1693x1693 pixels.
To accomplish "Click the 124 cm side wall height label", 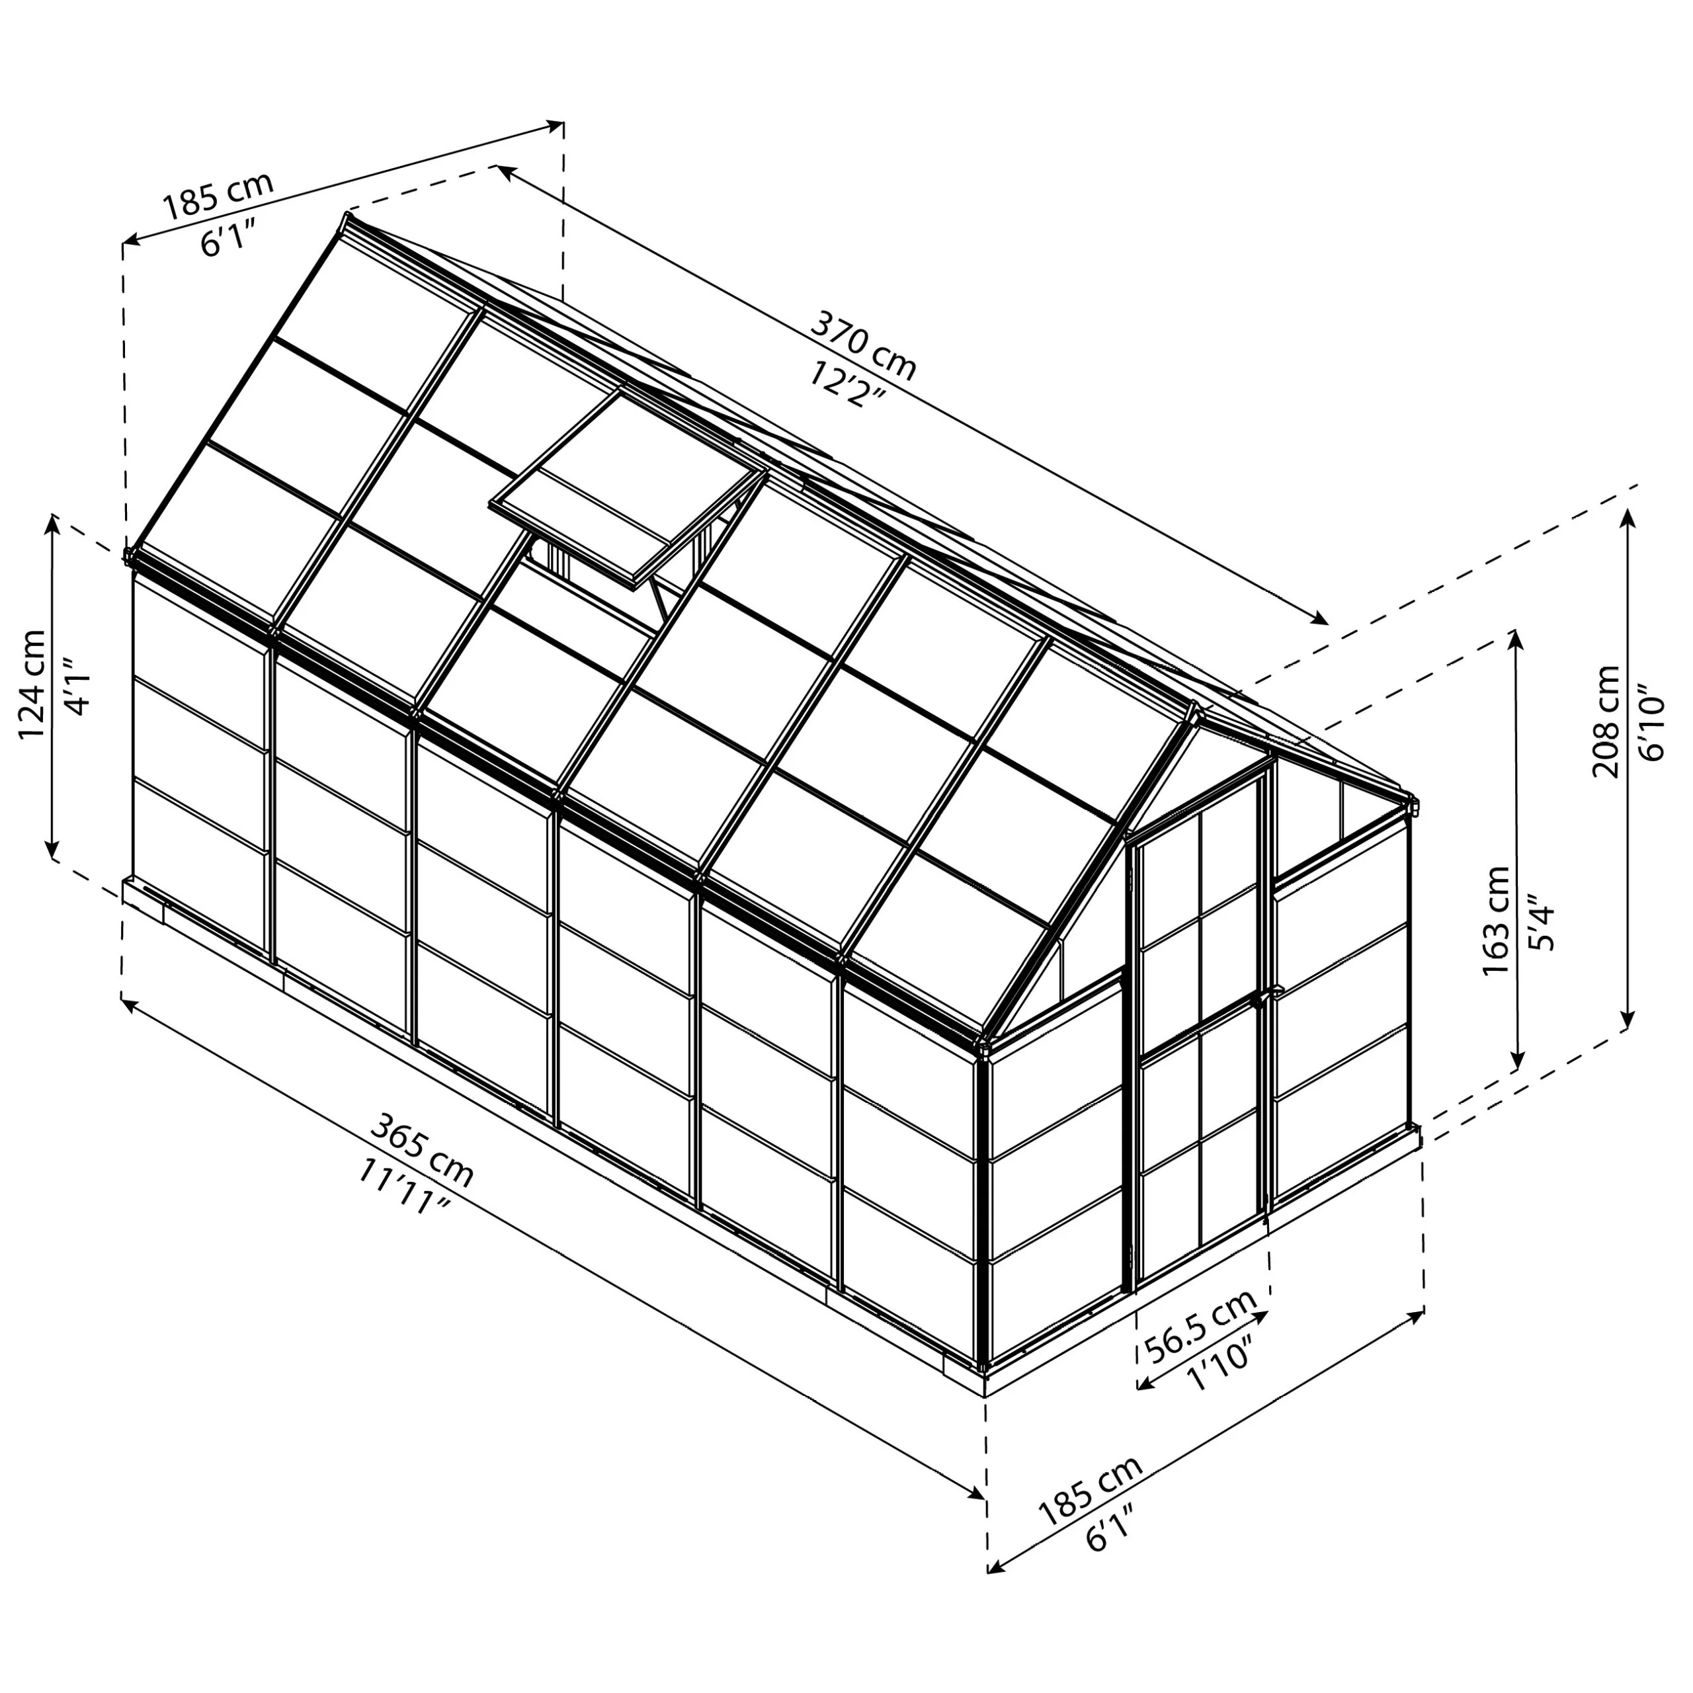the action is pyautogui.click(x=33, y=684).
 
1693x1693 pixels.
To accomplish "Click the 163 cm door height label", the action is pyautogui.click(x=1497, y=920).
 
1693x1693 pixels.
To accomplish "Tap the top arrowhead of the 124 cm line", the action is pyautogui.click(x=54, y=523).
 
